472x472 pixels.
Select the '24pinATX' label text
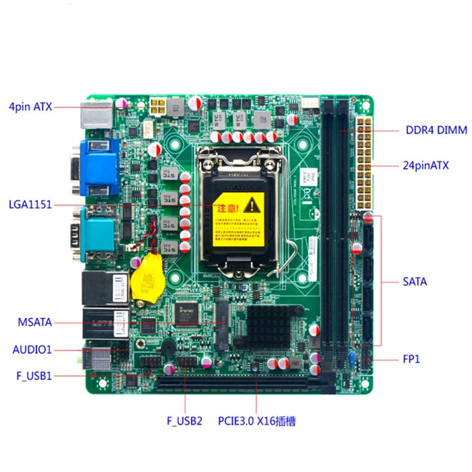click(x=426, y=165)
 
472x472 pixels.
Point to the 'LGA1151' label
click(x=30, y=205)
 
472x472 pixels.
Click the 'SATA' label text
click(x=415, y=282)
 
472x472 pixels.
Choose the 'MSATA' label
click(x=34, y=323)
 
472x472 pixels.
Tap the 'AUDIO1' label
click(x=32, y=350)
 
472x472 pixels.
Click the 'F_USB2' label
click(x=184, y=421)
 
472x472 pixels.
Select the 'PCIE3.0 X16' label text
click(x=257, y=421)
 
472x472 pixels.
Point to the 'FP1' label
click(x=412, y=359)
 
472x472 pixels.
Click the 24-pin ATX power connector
click(x=363, y=163)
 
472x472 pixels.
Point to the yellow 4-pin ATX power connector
click(x=158, y=105)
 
